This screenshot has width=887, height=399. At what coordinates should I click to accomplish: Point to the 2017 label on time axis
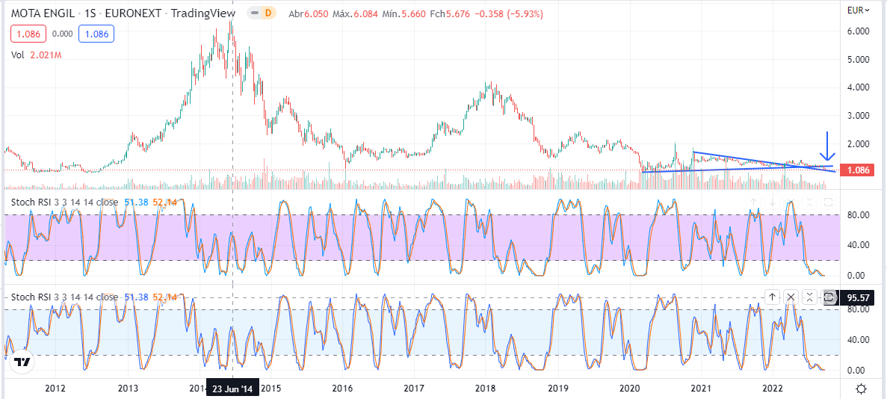[413, 389]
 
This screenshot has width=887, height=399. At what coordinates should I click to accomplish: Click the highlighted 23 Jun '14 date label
[232, 389]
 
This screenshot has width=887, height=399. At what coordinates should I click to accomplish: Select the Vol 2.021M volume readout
[36, 55]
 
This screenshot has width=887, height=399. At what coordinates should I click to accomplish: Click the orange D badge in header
[268, 13]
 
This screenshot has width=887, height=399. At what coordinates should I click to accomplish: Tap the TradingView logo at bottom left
[22, 362]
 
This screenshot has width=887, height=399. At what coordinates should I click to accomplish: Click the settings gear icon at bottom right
[862, 389]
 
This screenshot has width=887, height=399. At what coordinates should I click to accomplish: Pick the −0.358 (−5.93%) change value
[511, 14]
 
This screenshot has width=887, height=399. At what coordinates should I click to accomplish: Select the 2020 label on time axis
[630, 389]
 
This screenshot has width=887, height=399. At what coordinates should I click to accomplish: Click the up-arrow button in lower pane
[773, 297]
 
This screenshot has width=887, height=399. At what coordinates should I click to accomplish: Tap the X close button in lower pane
[791, 297]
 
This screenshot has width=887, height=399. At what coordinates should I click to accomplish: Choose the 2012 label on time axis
[55, 389]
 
